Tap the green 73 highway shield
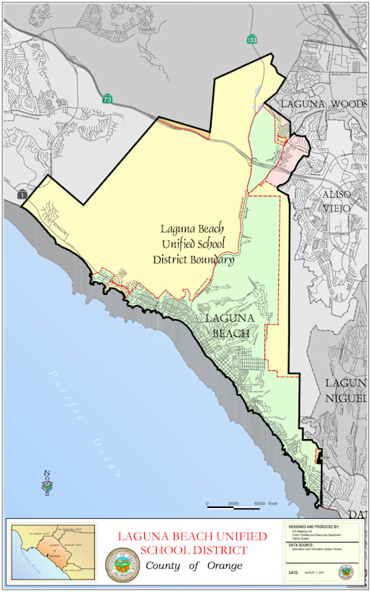click(107, 98)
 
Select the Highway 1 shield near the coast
click(22, 195)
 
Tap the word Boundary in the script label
click(209, 259)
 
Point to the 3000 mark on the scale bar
click(233, 503)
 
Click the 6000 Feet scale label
click(264, 503)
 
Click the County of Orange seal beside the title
click(119, 564)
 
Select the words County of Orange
click(193, 566)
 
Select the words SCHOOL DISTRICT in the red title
click(193, 551)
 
